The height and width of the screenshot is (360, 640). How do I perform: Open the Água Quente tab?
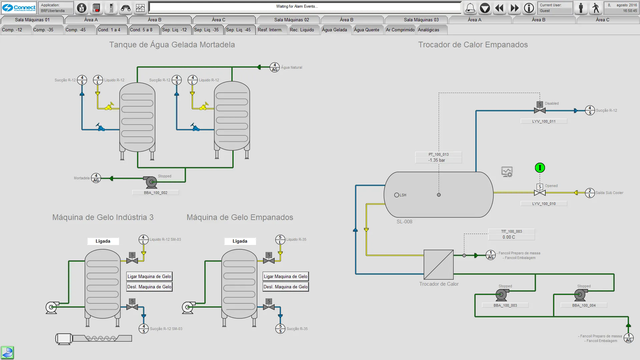[x=366, y=30]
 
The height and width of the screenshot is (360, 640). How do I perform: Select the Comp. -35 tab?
[x=43, y=30]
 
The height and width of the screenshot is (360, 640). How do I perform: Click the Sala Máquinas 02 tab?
[x=291, y=20]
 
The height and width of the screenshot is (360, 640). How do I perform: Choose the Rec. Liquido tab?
[x=302, y=30]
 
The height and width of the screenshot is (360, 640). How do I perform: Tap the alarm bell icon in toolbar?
[x=470, y=8]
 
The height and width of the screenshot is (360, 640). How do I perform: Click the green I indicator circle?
[x=540, y=168]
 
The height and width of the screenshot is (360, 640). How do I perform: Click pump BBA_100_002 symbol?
[x=151, y=182]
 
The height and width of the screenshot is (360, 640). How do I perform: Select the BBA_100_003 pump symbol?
[x=501, y=295]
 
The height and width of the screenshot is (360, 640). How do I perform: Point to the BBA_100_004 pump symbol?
[x=580, y=295]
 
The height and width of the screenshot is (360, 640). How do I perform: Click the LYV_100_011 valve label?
[x=544, y=121]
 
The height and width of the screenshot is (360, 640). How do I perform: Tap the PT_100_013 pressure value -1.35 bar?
[x=437, y=160]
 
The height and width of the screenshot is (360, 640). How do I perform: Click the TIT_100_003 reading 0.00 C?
[x=509, y=237]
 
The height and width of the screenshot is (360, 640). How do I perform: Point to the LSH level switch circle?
[x=397, y=195]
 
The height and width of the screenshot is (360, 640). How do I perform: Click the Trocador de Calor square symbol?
[x=438, y=265]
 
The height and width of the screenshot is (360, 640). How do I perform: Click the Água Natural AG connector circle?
[x=274, y=67]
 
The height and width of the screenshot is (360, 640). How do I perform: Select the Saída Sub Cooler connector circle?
[x=590, y=193]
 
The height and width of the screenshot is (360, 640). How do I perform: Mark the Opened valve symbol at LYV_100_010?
[x=540, y=192]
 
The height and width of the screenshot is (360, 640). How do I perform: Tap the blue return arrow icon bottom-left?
[x=7, y=352]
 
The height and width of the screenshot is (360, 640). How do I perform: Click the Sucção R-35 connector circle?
[x=280, y=329]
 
